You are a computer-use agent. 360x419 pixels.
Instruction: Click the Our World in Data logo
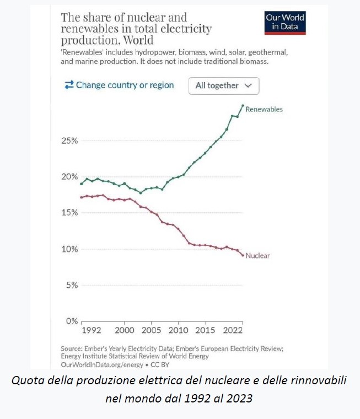284,22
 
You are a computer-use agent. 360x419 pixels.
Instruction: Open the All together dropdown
224,85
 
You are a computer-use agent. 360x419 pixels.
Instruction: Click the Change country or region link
119,85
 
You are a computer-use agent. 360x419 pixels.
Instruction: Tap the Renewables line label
264,109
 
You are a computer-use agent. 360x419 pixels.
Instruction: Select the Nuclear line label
257,256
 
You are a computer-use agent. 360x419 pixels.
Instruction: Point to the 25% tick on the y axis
69,141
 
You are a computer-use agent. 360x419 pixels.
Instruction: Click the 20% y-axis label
69,176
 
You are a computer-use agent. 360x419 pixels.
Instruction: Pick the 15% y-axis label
69,213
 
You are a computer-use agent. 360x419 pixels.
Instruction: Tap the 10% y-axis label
69,249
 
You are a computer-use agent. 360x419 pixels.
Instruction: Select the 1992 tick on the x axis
92,331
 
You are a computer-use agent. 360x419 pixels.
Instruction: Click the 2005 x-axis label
152,331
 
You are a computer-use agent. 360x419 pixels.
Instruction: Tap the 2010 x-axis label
178,331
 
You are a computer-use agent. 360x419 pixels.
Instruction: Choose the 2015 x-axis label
205,331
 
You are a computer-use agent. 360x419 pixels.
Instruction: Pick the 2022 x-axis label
232,331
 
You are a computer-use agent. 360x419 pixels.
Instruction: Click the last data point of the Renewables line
243,105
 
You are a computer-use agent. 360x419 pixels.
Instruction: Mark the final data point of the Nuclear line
243,255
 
